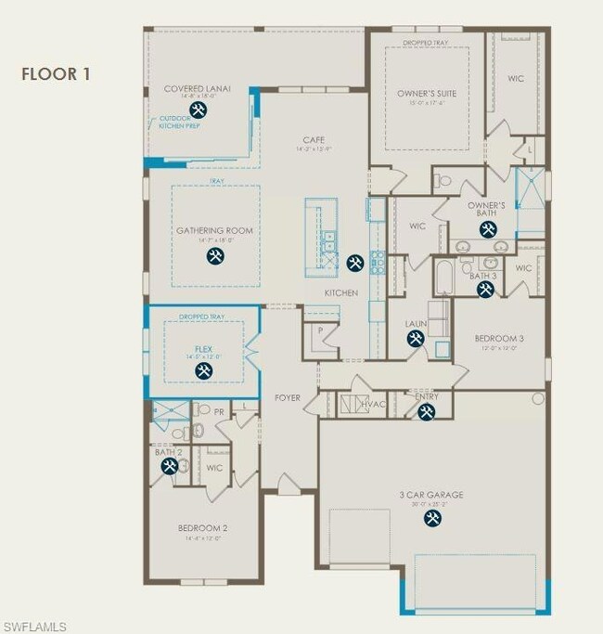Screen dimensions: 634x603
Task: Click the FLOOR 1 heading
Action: click(57, 73)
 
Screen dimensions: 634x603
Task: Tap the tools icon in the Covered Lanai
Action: click(197, 110)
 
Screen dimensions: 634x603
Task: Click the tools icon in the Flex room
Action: click(203, 371)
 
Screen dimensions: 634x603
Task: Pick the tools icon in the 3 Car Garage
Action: click(432, 520)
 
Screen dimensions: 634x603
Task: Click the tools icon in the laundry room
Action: click(415, 340)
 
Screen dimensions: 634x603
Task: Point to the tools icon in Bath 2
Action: click(169, 467)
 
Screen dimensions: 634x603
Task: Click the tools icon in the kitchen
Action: click(354, 263)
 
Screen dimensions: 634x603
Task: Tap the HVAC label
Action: click(374, 406)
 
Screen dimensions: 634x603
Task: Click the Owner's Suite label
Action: click(427, 94)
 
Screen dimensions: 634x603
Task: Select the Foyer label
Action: click(288, 397)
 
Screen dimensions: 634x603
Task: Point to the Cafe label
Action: click(313, 139)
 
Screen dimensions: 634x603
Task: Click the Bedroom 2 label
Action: click(202, 528)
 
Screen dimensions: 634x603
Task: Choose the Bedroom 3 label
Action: click(499, 339)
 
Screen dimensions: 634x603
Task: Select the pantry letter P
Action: click(319, 329)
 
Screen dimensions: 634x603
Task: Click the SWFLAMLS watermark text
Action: click(34, 628)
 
